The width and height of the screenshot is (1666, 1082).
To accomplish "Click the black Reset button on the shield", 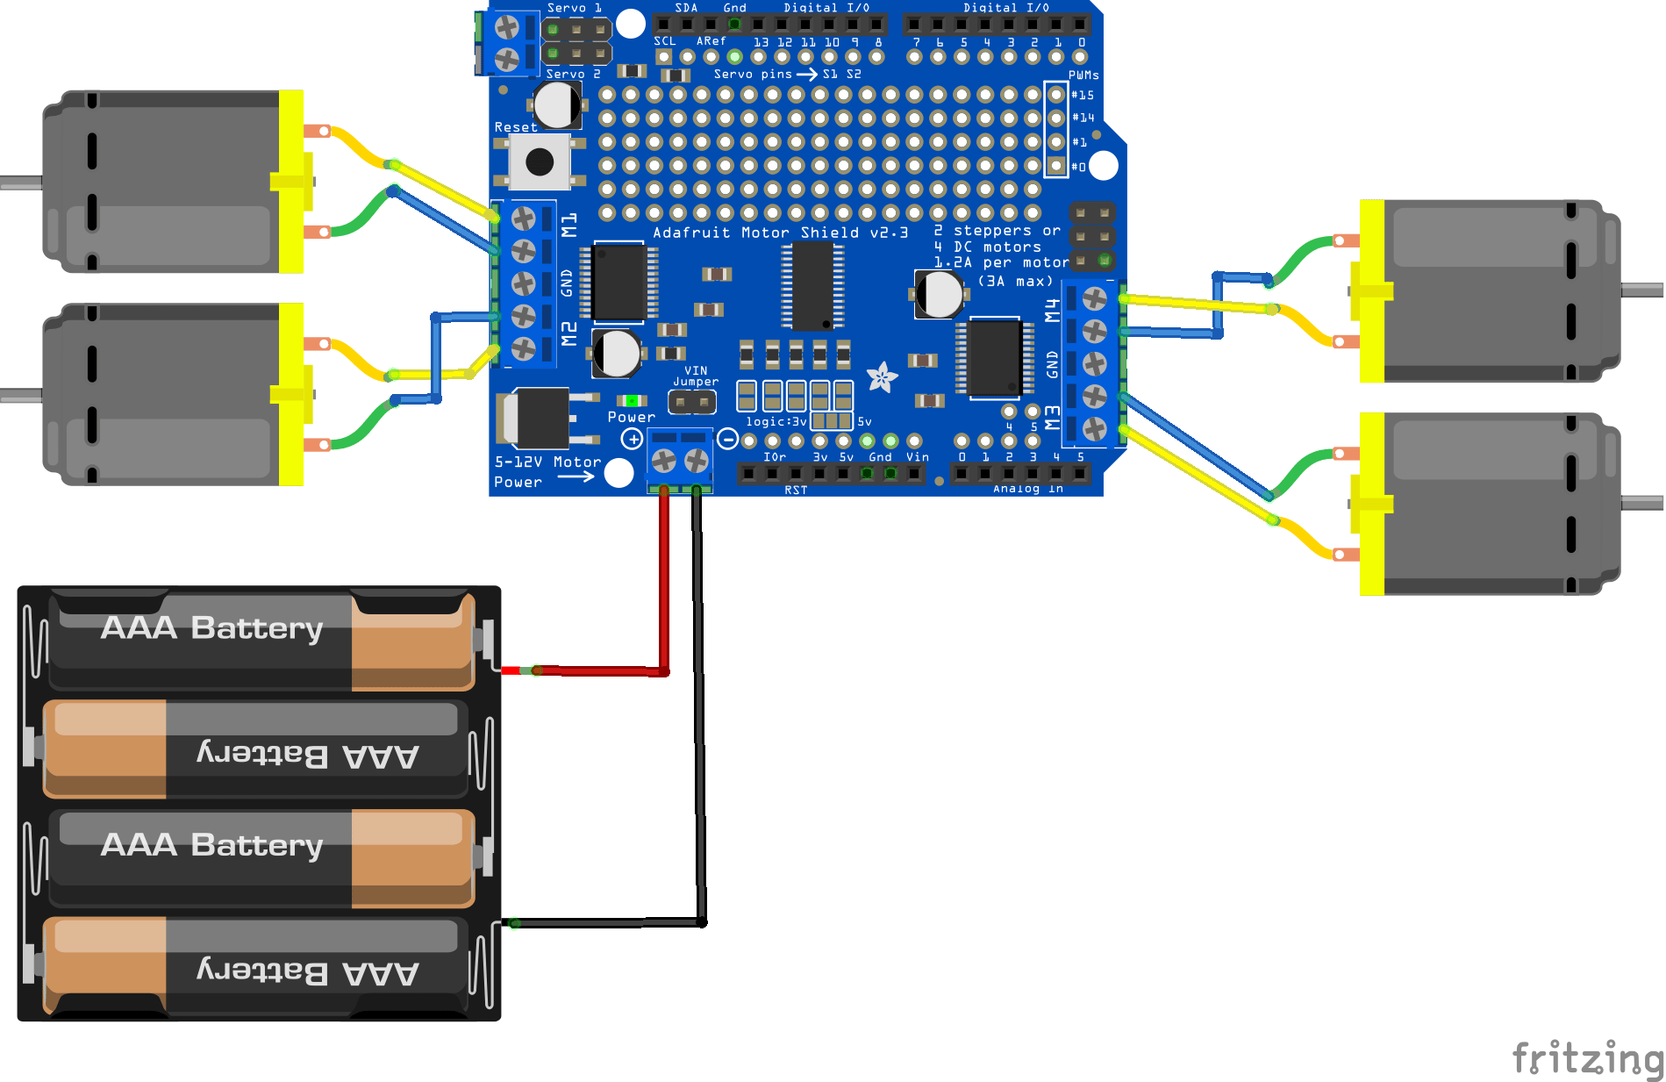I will click(539, 161).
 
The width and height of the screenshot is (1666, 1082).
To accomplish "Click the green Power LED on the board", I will click(632, 401).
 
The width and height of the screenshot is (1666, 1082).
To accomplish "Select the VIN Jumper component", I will click(692, 403).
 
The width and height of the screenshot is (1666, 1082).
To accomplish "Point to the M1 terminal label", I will click(569, 225).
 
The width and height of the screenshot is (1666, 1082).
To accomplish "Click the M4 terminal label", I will click(1053, 310).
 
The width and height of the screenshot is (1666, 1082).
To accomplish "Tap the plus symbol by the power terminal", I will click(632, 439).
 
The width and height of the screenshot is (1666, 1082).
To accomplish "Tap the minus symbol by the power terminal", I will click(727, 439).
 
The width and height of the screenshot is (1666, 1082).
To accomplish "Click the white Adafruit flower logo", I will click(882, 378).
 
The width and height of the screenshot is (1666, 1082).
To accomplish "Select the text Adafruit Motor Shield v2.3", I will click(780, 233).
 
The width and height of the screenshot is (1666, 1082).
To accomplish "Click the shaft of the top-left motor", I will click(19, 183).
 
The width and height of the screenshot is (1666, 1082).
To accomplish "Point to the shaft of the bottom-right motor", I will click(1642, 503).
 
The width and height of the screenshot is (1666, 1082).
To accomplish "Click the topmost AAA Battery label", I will click(212, 628).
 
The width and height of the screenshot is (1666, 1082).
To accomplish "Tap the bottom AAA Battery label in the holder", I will click(307, 972).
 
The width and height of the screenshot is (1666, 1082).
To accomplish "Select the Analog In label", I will click(1027, 489).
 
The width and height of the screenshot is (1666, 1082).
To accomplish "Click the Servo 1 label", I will click(574, 8).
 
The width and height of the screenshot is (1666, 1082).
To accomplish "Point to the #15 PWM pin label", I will click(1083, 95).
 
